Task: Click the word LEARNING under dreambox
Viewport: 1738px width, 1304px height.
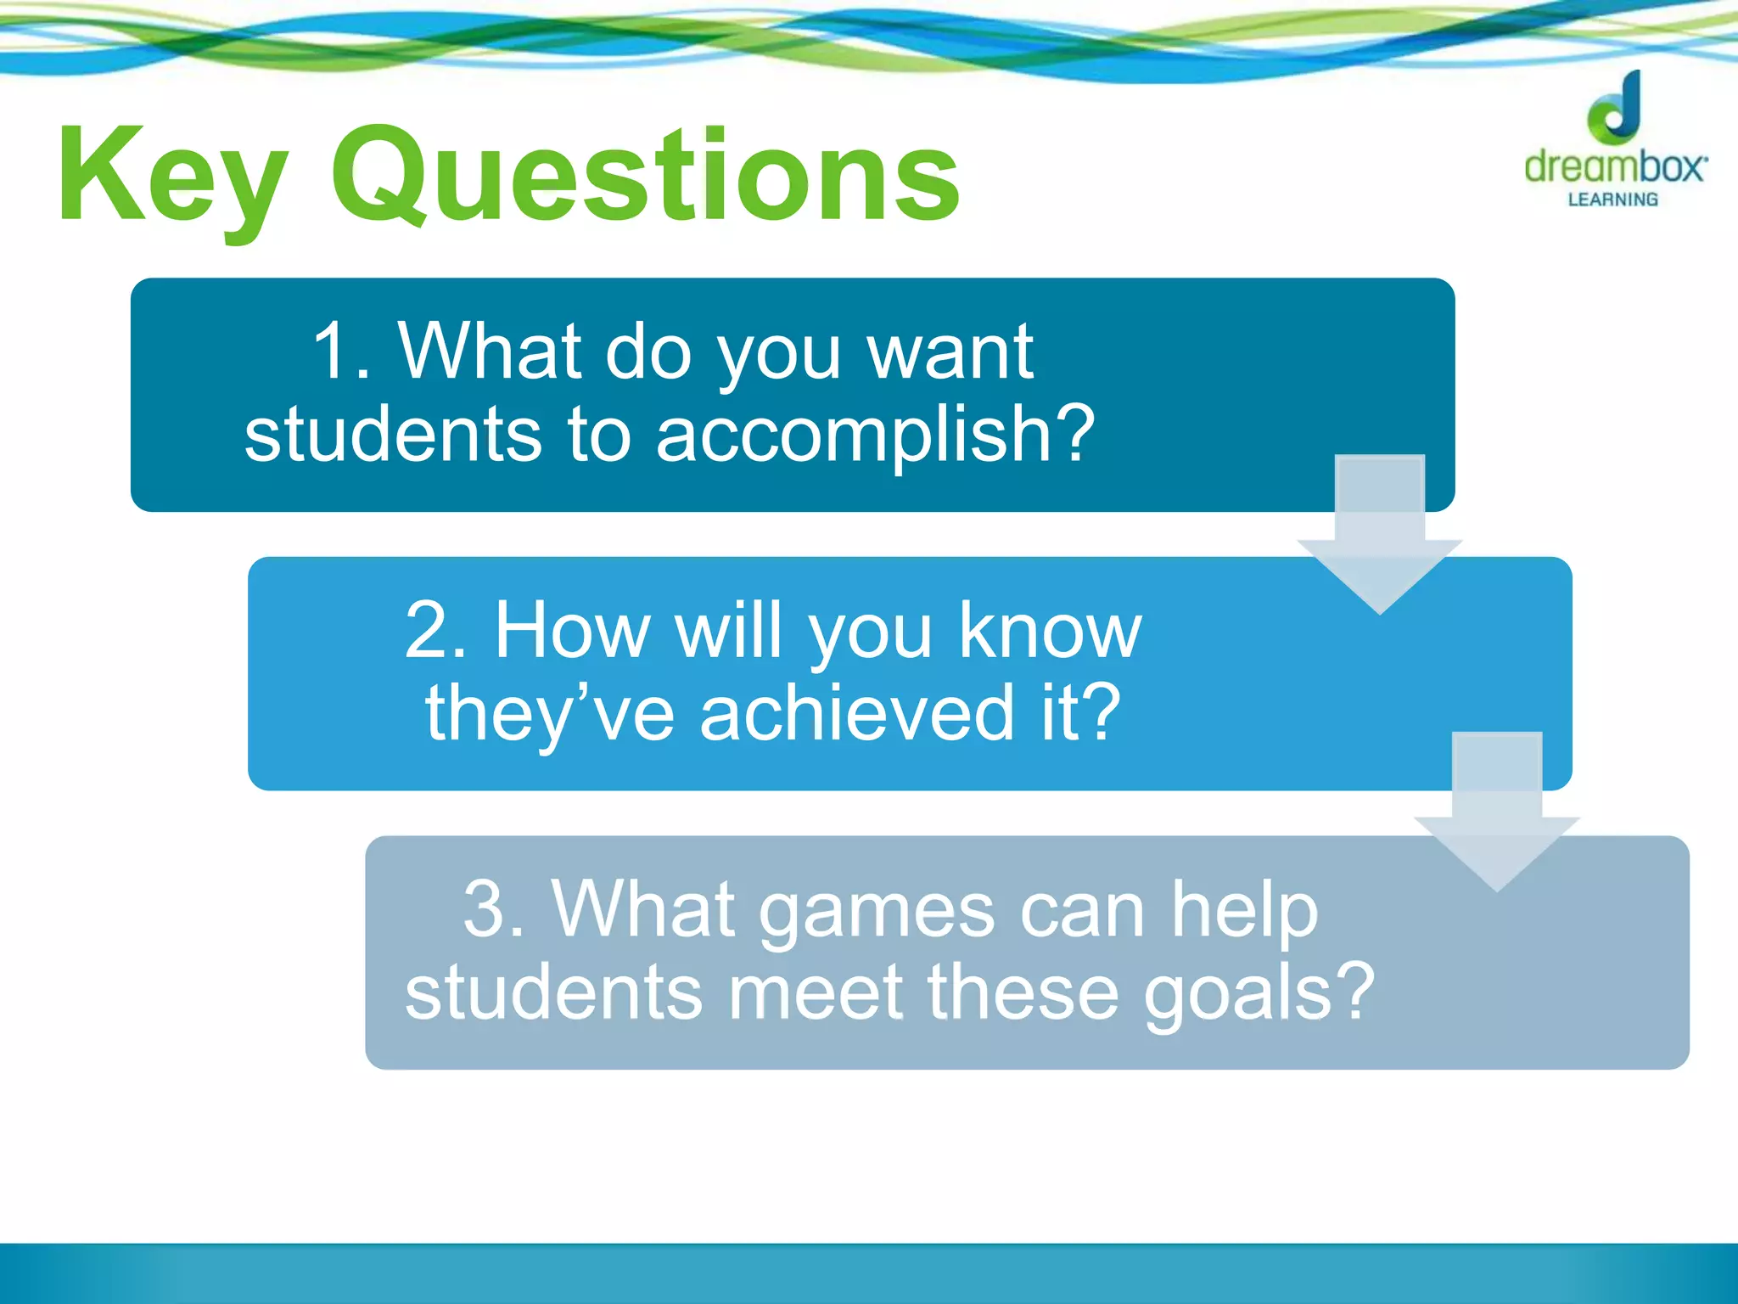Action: pyautogui.click(x=1612, y=200)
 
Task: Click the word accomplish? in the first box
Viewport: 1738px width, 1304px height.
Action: pyautogui.click(x=875, y=434)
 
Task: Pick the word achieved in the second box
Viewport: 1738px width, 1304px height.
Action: pyautogui.click(x=856, y=712)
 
